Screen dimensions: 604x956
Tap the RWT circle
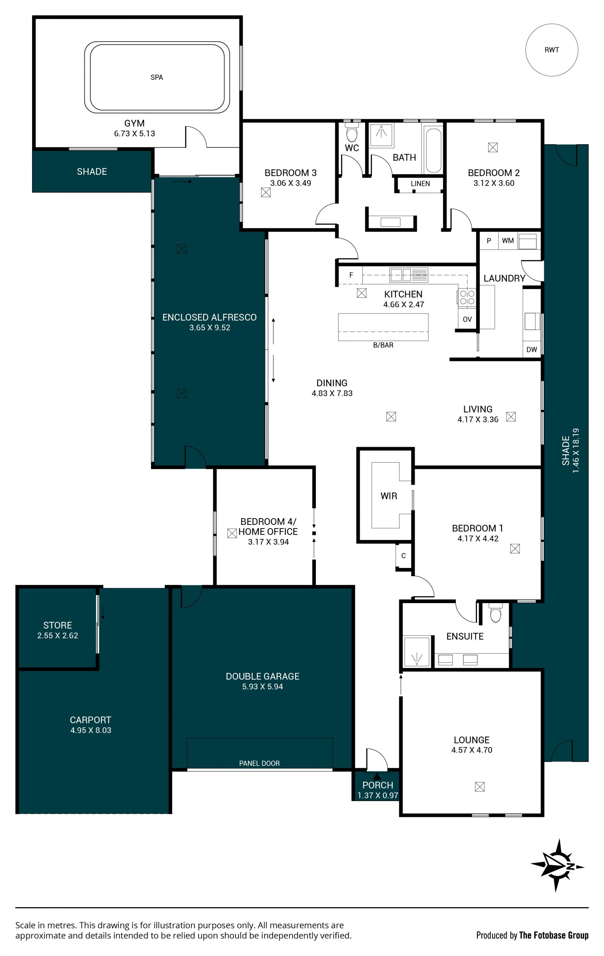pyautogui.click(x=551, y=50)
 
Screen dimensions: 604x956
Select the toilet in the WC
pyautogui.click(x=352, y=132)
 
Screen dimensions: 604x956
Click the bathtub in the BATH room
pyautogui.click(x=433, y=150)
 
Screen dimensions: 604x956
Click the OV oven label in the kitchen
pyautogui.click(x=467, y=319)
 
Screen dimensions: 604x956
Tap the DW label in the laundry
pyautogui.click(x=531, y=350)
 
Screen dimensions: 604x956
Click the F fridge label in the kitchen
pyautogui.click(x=351, y=275)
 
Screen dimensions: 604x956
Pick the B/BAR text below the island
pyautogui.click(x=383, y=345)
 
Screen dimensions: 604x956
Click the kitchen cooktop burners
pyautogui.click(x=467, y=298)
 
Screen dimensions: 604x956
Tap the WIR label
pyautogui.click(x=389, y=496)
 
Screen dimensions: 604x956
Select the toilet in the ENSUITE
pyautogui.click(x=495, y=613)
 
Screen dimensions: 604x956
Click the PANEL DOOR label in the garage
pyautogui.click(x=259, y=764)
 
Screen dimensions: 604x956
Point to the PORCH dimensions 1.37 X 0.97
pyautogui.click(x=377, y=795)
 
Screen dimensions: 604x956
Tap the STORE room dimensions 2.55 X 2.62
pyautogui.click(x=58, y=636)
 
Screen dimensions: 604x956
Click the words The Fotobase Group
pyautogui.click(x=554, y=936)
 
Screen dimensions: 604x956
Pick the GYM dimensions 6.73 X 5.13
pyautogui.click(x=135, y=134)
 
